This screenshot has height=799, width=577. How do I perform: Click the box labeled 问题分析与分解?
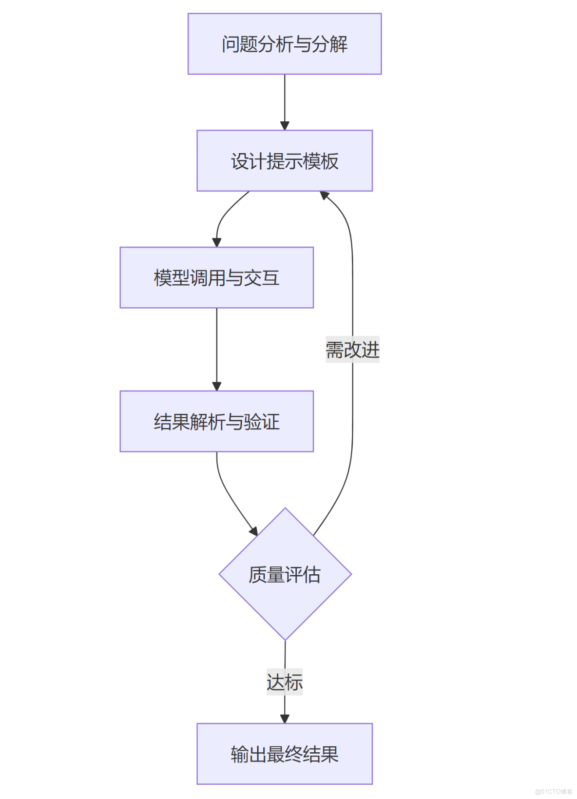pos(285,44)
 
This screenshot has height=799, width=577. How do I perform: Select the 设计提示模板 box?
pos(285,161)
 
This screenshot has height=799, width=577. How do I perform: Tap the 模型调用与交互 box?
pos(216,278)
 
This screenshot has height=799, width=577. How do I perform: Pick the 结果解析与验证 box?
pos(216,421)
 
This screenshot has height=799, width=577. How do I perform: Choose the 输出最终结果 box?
pos(285,754)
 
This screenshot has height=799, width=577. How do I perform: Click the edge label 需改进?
pos(352,350)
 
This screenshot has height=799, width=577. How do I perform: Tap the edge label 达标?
pos(285,682)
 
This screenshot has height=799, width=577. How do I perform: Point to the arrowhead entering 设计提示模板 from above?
pos(285,126)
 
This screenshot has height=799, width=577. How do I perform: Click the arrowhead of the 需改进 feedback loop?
pos(325,195)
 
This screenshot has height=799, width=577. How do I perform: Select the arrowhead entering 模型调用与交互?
pos(217,242)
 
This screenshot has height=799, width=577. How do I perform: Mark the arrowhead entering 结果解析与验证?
pos(217,386)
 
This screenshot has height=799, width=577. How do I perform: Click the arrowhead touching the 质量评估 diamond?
pos(253,531)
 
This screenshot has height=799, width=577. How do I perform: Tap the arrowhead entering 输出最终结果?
pos(285,719)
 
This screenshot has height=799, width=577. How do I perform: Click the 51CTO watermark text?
pos(554,792)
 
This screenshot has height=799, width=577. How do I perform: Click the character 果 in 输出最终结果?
pos(330,754)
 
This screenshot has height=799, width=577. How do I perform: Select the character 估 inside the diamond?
pos(312,575)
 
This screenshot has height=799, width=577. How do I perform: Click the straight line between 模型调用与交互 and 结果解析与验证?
pos(217,346)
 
